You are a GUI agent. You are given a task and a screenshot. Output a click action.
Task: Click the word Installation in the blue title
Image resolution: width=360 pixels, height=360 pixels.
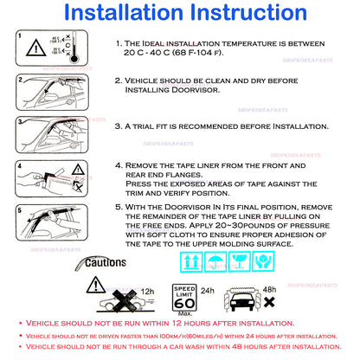124,13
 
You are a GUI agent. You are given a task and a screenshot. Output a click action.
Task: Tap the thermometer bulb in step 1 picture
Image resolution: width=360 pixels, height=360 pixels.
74,59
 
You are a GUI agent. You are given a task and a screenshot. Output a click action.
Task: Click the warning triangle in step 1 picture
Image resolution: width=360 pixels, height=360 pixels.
36,48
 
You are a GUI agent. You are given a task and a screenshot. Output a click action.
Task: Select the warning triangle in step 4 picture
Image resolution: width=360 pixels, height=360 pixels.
78,170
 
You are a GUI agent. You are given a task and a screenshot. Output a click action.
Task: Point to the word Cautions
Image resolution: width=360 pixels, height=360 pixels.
106,262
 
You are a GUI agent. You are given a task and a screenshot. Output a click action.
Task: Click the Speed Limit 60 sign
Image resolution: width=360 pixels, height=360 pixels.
184,298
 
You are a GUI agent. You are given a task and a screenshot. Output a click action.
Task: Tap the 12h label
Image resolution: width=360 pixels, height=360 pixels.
147,292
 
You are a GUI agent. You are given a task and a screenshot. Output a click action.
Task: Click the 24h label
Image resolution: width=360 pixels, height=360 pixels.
208,291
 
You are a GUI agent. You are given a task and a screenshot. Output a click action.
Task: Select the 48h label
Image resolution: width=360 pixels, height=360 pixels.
269,289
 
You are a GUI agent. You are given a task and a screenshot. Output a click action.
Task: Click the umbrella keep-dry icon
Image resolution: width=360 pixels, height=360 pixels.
215,261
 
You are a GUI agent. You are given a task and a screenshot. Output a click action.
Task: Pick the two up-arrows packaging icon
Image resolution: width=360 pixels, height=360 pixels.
191,261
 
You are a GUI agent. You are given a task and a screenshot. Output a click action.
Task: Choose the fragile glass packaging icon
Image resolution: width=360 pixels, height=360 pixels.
239,261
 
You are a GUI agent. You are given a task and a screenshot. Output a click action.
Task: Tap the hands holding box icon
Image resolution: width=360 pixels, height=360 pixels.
263,261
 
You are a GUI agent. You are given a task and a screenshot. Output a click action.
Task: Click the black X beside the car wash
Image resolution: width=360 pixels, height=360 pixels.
269,302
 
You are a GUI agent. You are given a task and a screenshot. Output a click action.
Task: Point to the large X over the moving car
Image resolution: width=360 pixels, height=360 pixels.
125,301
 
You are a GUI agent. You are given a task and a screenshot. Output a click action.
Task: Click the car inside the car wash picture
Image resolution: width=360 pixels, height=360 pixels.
242,302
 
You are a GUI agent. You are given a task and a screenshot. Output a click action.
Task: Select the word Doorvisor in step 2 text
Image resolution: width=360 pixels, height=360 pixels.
195,90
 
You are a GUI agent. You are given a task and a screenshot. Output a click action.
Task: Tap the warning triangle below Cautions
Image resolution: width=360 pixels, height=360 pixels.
96,285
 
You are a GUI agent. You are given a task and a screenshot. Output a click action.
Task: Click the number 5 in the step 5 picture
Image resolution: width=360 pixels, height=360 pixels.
19,210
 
